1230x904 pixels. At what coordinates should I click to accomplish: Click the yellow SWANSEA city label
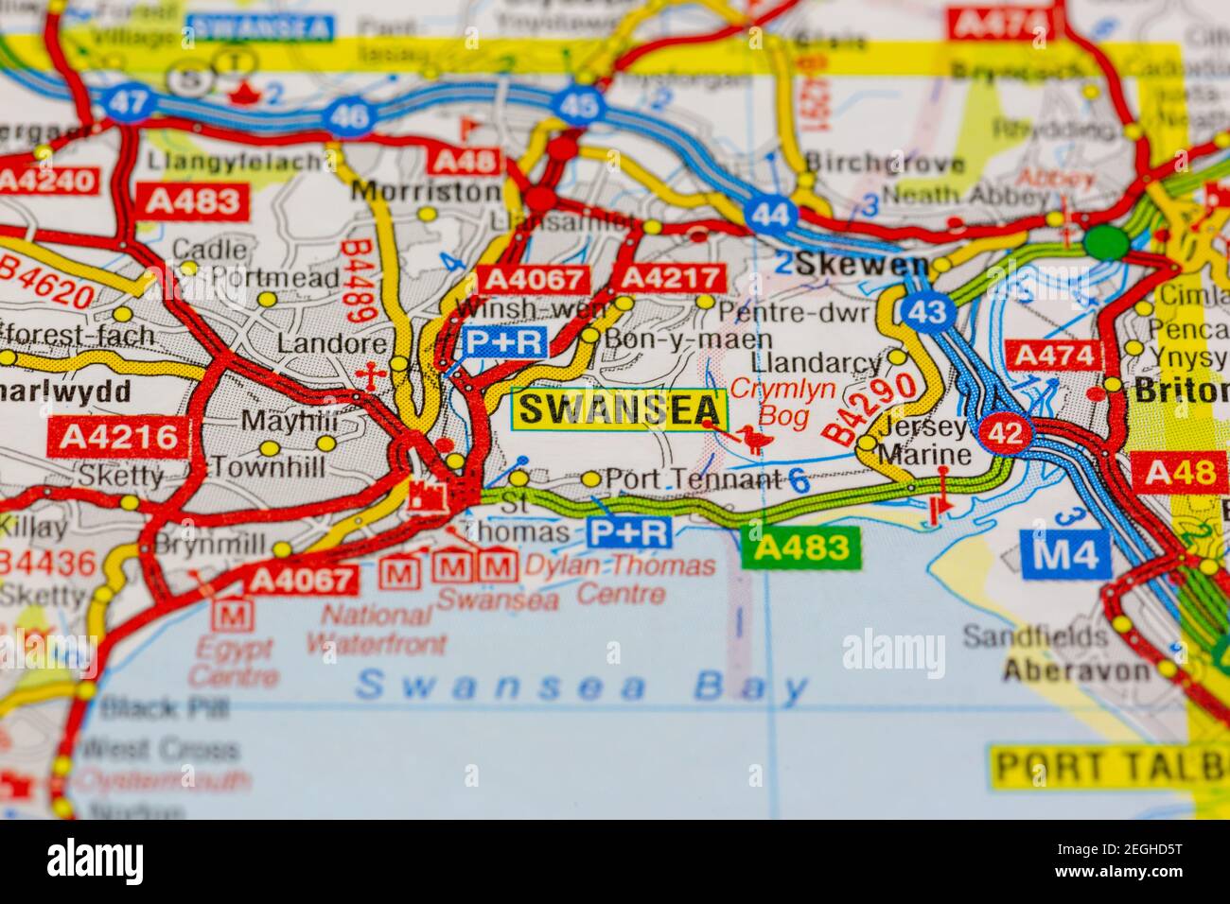click(x=620, y=409)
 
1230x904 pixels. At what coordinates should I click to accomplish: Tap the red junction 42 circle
click(x=1005, y=434)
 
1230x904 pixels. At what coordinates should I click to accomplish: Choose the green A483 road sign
click(x=801, y=548)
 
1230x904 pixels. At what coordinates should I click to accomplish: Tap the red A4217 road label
click(x=670, y=278)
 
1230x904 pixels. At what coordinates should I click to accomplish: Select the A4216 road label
click(x=117, y=436)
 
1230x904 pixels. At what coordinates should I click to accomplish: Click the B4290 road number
click(x=871, y=409)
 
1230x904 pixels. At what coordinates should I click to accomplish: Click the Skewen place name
click(x=849, y=266)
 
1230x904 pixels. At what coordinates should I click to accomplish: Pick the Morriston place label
click(x=425, y=192)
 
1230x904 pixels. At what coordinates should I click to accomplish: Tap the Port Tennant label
click(x=692, y=478)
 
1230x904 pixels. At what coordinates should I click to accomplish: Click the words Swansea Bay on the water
click(x=582, y=686)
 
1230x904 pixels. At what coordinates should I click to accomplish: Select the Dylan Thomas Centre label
click(x=620, y=580)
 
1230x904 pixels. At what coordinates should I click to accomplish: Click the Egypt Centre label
click(x=234, y=663)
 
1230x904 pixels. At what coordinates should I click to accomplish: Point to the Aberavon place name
click(x=1077, y=671)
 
